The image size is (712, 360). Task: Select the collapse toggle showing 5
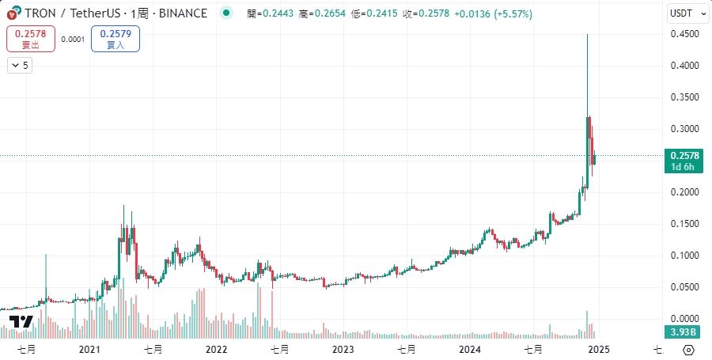(x=20, y=66)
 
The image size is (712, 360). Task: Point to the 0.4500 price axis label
(x=684, y=34)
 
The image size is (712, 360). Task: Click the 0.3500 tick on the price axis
(x=684, y=97)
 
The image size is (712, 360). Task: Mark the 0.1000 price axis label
(x=684, y=256)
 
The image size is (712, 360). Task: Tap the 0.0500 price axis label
(x=684, y=287)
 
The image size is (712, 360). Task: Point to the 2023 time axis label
(x=343, y=349)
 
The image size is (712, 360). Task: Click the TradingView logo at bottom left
(x=21, y=321)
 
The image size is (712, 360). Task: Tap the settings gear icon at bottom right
(x=688, y=349)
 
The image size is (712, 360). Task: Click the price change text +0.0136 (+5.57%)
(x=493, y=14)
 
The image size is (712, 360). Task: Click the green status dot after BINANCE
(x=227, y=13)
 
